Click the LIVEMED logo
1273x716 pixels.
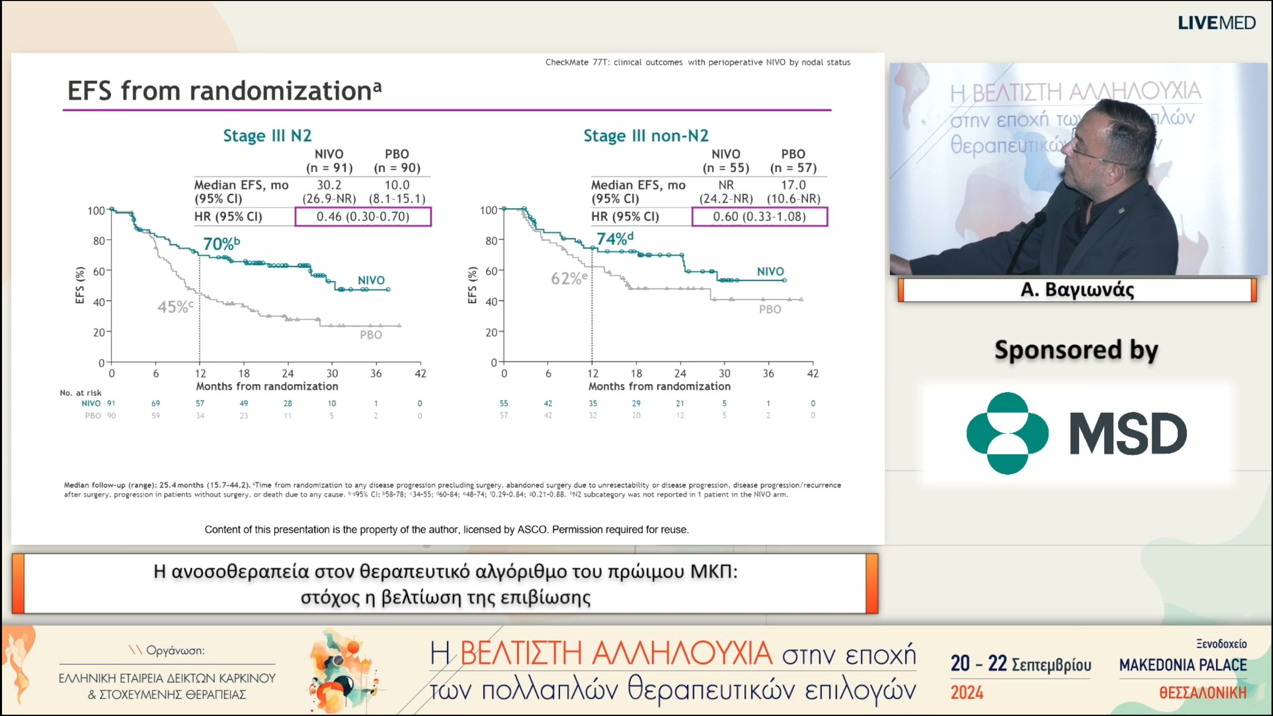click(1216, 23)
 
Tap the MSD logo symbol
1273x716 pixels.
click(1007, 433)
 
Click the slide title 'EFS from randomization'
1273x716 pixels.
click(224, 91)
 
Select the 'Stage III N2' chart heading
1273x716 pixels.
click(267, 136)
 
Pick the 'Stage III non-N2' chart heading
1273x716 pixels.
click(645, 136)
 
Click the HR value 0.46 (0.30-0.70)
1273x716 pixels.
click(363, 217)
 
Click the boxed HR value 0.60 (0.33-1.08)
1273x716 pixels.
click(759, 217)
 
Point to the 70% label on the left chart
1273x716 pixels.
click(221, 244)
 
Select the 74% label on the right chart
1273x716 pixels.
click(615, 239)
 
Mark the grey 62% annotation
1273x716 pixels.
click(569, 278)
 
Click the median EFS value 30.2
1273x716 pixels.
click(329, 185)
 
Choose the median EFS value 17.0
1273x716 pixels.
click(793, 185)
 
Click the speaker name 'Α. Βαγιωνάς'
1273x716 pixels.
click(1077, 290)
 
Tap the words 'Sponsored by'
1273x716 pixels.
click(1076, 350)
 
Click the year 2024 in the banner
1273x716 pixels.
click(967, 693)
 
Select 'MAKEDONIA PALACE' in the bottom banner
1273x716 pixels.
click(1183, 665)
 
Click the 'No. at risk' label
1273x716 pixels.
click(81, 393)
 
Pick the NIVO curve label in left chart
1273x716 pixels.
click(371, 280)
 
